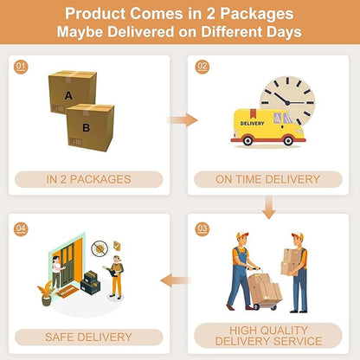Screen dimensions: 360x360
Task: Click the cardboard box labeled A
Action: click(x=73, y=91)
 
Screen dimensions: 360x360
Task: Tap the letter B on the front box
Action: click(x=86, y=128)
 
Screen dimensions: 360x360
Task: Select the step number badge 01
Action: click(x=21, y=67)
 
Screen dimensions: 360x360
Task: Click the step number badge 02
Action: click(x=202, y=67)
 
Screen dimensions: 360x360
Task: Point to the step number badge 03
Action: click(x=202, y=229)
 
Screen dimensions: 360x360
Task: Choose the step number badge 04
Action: click(x=21, y=229)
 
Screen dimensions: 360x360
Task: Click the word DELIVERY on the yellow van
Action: click(x=252, y=123)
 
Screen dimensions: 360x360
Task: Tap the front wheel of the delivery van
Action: click(x=288, y=140)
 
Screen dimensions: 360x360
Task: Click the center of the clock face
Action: click(x=287, y=102)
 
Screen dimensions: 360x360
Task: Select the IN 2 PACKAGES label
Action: click(x=88, y=179)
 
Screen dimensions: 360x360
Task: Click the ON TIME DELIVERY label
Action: click(x=268, y=179)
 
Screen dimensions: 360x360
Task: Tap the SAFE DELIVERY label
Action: click(x=88, y=337)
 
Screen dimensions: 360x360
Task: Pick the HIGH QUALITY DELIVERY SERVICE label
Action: click(x=268, y=336)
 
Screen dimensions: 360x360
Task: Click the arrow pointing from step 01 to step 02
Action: click(x=183, y=120)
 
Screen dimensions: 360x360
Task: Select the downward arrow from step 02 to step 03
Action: click(x=269, y=207)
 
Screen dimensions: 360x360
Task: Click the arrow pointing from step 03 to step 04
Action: click(x=176, y=280)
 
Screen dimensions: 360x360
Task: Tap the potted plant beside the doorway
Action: click(x=46, y=292)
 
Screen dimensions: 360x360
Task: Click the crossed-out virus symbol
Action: click(x=100, y=248)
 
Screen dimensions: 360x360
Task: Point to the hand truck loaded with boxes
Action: click(x=264, y=288)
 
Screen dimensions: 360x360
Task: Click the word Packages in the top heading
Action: click(x=257, y=14)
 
